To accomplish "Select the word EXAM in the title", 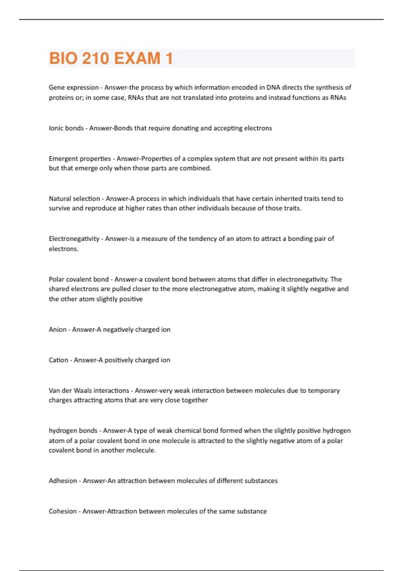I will [x=137, y=58].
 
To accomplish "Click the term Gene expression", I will [x=74, y=88].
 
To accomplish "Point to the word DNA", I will [x=273, y=88].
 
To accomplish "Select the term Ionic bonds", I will [x=66, y=128].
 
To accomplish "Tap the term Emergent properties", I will [x=80, y=159].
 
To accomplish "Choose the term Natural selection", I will [x=74, y=199].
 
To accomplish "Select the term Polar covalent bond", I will [x=79, y=279].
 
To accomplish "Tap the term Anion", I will [x=57, y=330].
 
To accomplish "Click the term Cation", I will [x=58, y=360].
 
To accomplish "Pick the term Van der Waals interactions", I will [x=89, y=391].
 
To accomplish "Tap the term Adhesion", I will [x=63, y=481].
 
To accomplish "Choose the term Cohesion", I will [x=62, y=511].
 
